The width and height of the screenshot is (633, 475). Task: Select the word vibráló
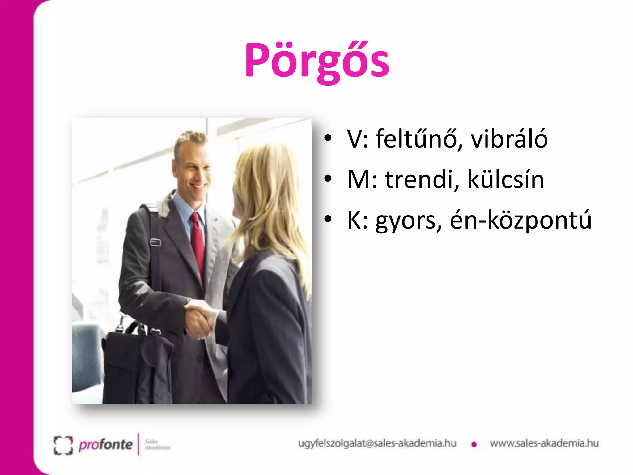pos(509,139)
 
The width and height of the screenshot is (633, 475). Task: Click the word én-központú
pos(520,220)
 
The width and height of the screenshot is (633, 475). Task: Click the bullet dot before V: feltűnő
pos(328,138)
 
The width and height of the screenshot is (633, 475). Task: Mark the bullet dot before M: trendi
pos(328,178)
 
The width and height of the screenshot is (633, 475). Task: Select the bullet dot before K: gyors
pos(328,219)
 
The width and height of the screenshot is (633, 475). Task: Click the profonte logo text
pos(105,445)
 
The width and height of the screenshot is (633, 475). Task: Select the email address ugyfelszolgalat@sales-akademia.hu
pos(377,443)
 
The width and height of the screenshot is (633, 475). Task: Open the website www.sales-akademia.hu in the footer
pos(544,443)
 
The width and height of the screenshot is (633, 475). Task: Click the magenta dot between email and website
pos(474,445)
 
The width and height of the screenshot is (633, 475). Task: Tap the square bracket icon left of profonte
pos(63,445)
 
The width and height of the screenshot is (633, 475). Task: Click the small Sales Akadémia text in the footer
pos(157,444)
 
